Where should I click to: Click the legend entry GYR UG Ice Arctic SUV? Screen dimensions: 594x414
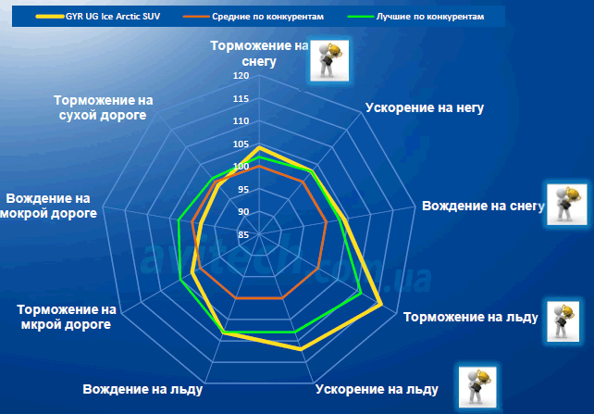pos(98,17)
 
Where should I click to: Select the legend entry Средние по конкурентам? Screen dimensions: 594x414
pos(254,17)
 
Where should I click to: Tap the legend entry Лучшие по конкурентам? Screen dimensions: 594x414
pos(416,17)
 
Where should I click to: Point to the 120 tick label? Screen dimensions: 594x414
pos(241,76)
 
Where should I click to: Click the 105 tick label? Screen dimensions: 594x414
pos(241,144)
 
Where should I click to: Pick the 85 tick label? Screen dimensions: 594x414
pos(243,235)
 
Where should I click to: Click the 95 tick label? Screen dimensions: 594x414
pos(243,190)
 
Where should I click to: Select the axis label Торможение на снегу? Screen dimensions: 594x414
pos(259,54)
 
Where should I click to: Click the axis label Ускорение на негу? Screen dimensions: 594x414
pos(425,107)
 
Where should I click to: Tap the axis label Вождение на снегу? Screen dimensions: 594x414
pos(483,206)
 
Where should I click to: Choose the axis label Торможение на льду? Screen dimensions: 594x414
pos(471,317)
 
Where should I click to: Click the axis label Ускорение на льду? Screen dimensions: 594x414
pos(377,389)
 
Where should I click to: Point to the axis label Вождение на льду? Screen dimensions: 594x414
pos(142,389)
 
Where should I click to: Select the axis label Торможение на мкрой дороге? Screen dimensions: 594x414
pos(67,317)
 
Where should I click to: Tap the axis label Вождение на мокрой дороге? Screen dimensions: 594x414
pos(48,206)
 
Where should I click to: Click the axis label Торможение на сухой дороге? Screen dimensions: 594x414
pos(103,107)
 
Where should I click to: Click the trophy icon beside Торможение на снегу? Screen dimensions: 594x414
pos(329,60)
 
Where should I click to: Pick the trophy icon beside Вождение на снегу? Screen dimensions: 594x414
pos(567,205)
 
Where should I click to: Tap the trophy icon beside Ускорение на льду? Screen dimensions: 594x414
pos(477,387)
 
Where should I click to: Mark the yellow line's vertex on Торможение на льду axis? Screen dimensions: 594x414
pos(380,304)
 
